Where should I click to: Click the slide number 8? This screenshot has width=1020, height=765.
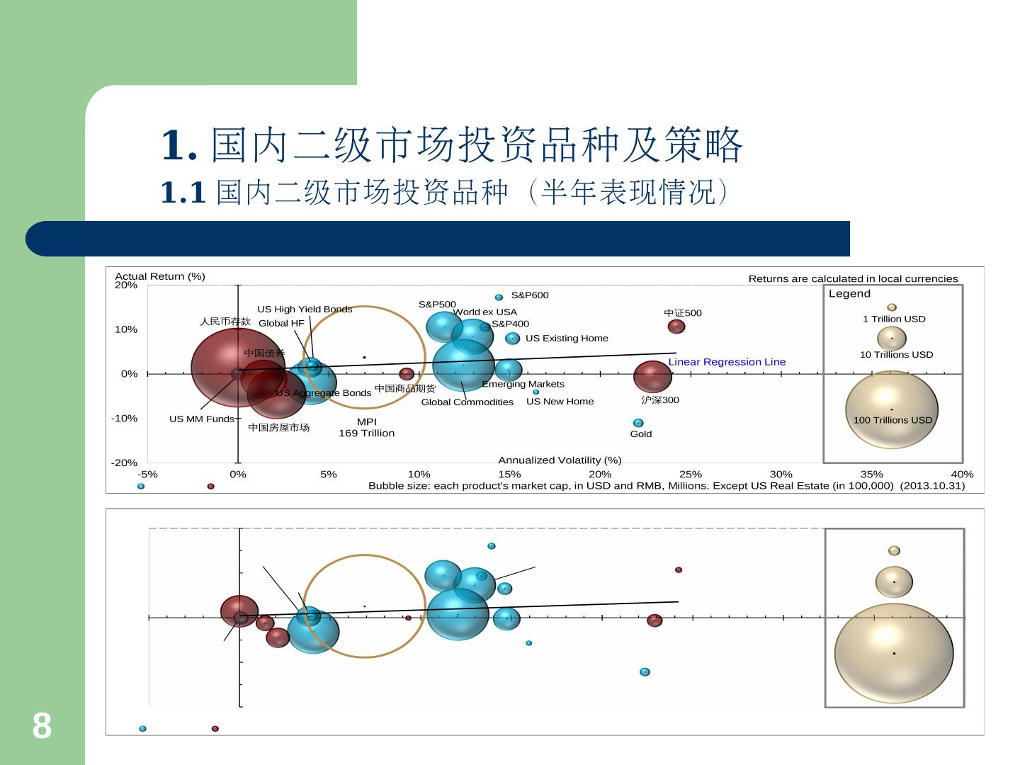(x=42, y=726)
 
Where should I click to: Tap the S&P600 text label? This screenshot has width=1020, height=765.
(x=529, y=295)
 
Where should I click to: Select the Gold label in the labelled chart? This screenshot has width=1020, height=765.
(x=640, y=434)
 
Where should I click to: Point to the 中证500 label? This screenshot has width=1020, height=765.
(x=682, y=313)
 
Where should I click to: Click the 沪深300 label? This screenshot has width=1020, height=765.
(x=659, y=400)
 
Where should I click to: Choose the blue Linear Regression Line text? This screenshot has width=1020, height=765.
(x=727, y=362)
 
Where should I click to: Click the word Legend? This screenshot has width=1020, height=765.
(x=849, y=294)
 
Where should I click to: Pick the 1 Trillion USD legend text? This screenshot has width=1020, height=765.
(x=893, y=319)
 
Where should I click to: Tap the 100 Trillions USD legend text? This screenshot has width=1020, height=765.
(x=892, y=420)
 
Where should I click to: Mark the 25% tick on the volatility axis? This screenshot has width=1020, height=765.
(x=690, y=475)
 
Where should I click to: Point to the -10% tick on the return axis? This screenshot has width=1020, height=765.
(x=124, y=419)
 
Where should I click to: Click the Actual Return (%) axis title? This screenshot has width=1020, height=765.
(x=159, y=276)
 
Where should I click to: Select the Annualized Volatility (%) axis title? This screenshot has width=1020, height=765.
(x=559, y=460)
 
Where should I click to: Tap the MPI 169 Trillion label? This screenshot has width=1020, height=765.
(x=366, y=428)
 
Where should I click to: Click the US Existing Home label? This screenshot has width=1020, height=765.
(x=566, y=339)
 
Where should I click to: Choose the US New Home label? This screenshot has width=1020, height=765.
(x=560, y=402)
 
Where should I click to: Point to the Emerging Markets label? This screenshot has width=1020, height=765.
(x=523, y=385)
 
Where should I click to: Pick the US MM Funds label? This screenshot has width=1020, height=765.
(x=201, y=419)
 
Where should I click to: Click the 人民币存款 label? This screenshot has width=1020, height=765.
(x=225, y=322)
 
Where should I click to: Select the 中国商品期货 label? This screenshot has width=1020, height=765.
(x=404, y=389)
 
